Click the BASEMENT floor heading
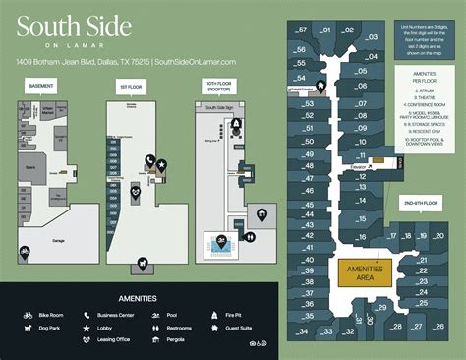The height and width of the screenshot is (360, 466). pos(41,86)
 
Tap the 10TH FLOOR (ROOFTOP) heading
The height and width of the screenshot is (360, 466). pos(217,88)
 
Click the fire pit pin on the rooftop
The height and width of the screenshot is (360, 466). pos(237,126)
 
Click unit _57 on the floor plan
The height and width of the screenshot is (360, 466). pos(301,29)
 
